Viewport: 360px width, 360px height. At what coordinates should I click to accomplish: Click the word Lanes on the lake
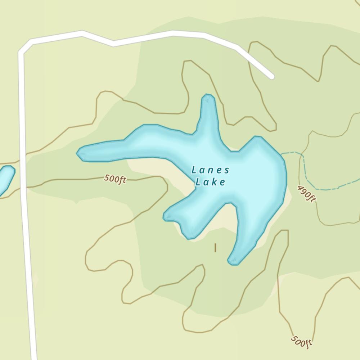[210, 170]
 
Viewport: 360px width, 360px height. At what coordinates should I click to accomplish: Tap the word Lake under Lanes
[210, 182]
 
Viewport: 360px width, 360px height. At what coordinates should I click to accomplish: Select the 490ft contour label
[307, 194]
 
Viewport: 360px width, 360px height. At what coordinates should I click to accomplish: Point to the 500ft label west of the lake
[115, 179]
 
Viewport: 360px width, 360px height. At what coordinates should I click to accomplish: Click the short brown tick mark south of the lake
[215, 248]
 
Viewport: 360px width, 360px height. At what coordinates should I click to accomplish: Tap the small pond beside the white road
[6, 178]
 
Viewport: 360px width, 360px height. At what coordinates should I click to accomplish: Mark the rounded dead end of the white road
[271, 76]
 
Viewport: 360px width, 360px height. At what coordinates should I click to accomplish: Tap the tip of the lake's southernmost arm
[233, 262]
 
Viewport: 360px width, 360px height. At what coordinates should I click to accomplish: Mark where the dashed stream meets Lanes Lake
[282, 154]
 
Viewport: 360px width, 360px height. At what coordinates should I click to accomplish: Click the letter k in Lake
[215, 182]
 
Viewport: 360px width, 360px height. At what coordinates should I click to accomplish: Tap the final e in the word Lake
[222, 183]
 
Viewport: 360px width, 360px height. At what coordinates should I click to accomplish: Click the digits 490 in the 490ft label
[305, 192]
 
